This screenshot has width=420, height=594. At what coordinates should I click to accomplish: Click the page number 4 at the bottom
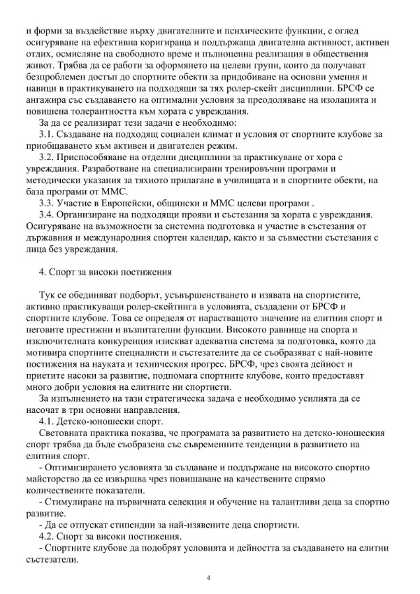tap(210, 578)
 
